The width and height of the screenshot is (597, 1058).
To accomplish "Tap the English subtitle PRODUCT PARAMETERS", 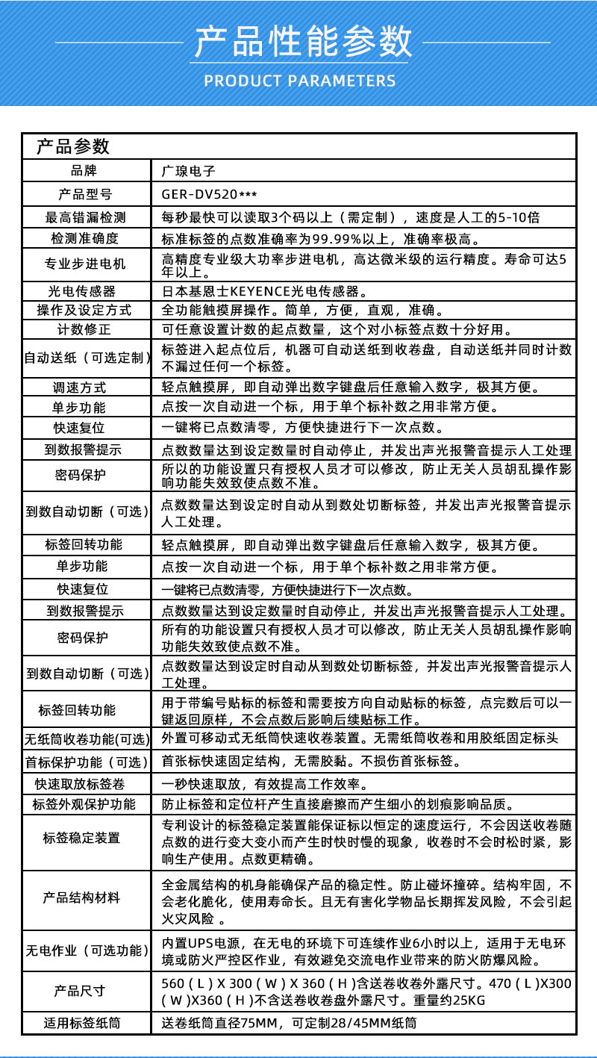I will (298, 81).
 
